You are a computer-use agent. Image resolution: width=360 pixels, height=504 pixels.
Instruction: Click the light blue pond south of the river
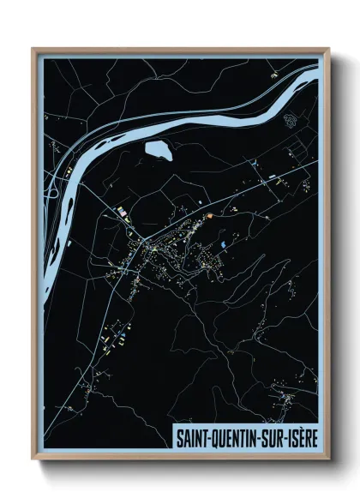(158, 151)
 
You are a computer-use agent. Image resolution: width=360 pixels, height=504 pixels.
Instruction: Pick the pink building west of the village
(122, 210)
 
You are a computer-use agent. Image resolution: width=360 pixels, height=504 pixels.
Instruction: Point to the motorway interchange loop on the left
(51, 193)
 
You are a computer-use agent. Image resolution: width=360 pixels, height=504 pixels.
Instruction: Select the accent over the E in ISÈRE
(307, 428)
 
